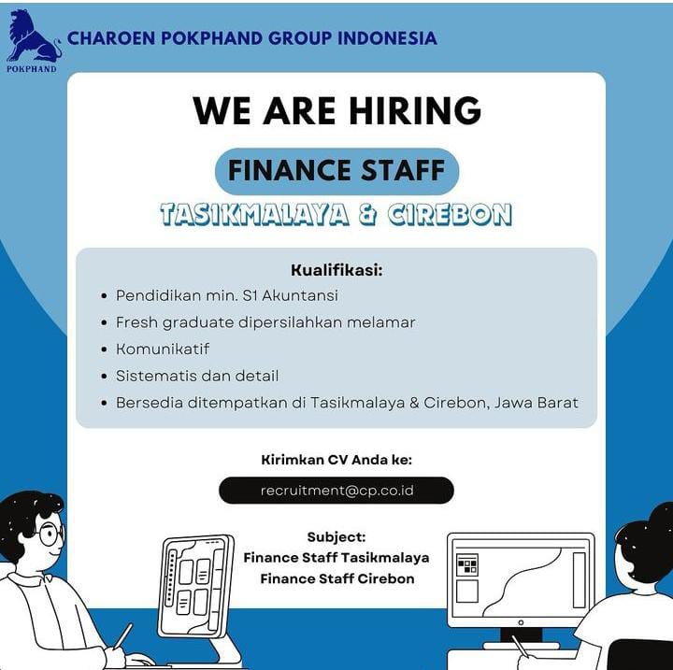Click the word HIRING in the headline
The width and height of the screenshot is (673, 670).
tap(415, 110)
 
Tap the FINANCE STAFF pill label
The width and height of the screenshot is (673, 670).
tap(336, 170)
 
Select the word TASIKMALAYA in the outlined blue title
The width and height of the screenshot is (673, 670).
tap(254, 214)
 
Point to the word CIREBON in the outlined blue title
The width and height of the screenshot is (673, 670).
tap(450, 214)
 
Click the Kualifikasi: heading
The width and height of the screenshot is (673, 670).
tap(336, 270)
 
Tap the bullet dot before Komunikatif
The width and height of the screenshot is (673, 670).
tap(104, 349)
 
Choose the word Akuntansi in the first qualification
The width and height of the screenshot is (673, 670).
tap(300, 295)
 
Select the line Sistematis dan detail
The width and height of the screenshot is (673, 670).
tap(197, 376)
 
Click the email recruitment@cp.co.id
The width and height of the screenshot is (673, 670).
tap(336, 491)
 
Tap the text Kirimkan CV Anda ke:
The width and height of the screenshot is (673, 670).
tap(336, 460)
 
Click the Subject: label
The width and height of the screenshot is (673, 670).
tap(336, 537)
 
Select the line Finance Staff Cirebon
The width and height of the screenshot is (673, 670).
tap(337, 578)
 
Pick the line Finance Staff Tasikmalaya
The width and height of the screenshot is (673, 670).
tap(336, 558)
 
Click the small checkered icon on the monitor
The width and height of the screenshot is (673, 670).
tap(467, 563)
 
